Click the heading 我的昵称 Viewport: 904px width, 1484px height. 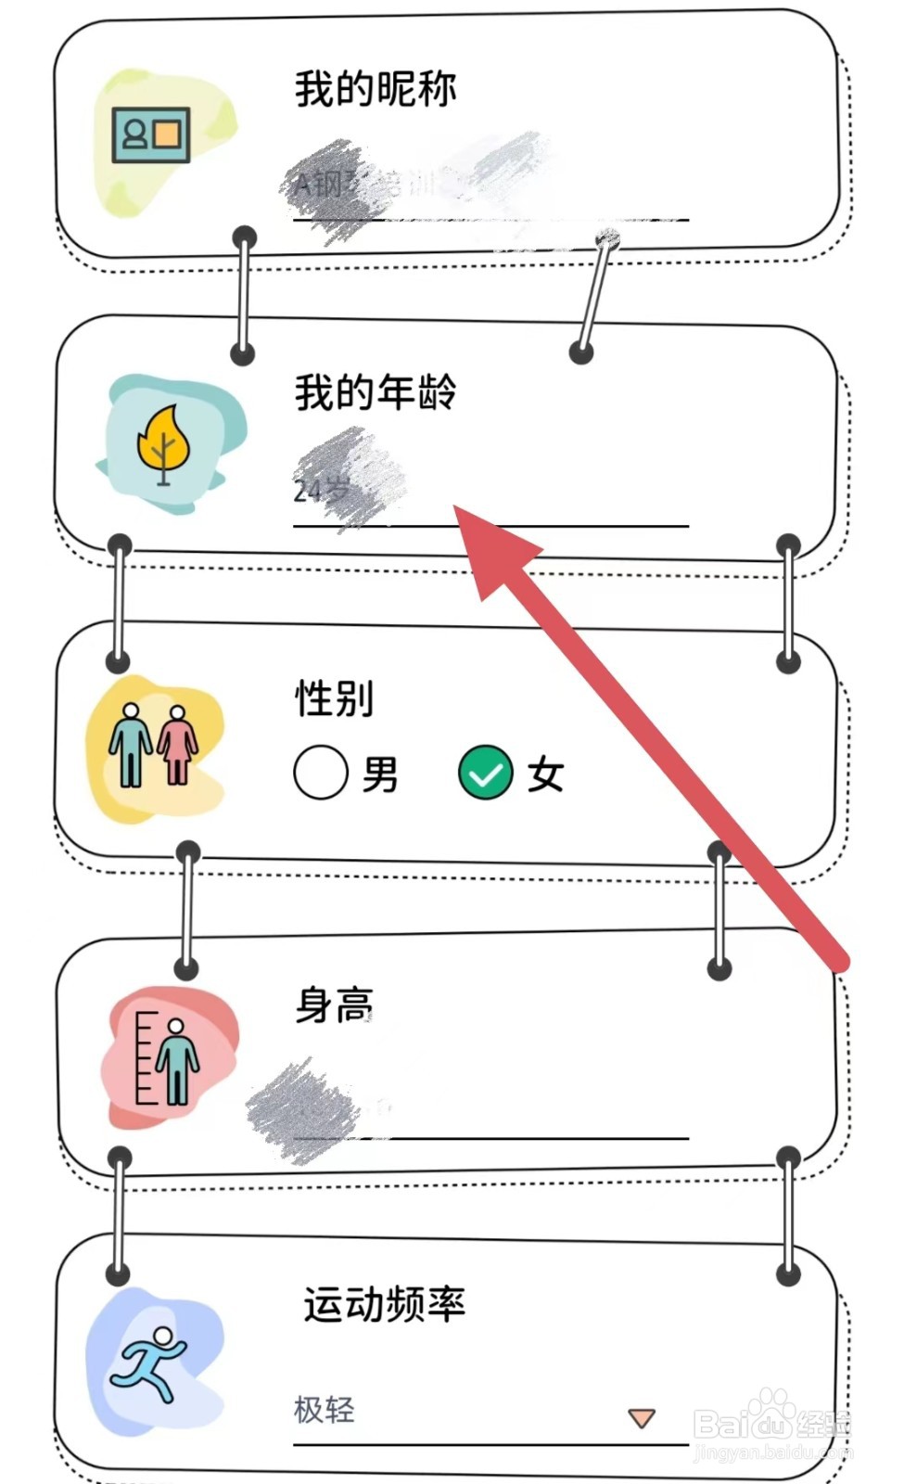pos(376,89)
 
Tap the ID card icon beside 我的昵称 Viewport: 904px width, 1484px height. pos(151,135)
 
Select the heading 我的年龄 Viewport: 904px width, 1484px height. pos(376,392)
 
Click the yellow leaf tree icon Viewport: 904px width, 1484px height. pos(164,444)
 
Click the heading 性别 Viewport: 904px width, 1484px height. pos(335,697)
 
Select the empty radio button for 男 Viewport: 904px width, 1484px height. pos(321,773)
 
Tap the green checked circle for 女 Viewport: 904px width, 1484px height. pos(486,773)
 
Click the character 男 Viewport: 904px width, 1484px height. pos(380,774)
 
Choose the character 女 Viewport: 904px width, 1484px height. pos(545,774)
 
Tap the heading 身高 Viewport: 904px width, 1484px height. pos(335,1005)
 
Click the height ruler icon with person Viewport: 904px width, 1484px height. pos(168,1058)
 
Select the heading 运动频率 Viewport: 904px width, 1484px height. pos(384,1304)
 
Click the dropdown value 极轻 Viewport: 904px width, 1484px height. pos(325,1410)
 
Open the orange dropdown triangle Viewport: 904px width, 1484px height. pos(642,1417)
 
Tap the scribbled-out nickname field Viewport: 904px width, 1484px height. pos(417,185)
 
